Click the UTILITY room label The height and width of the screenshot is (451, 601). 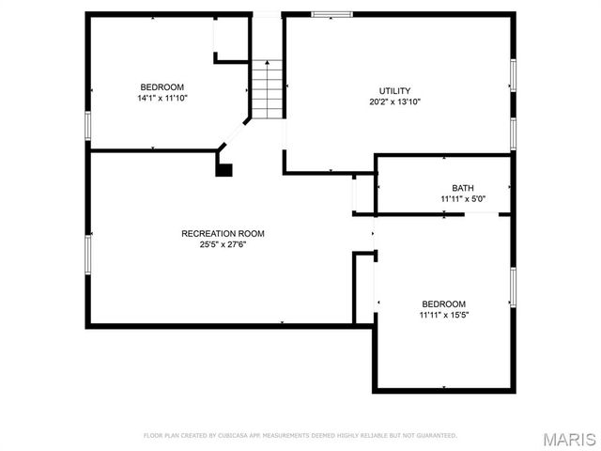[393, 90]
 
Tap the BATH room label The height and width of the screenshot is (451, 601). [463, 188]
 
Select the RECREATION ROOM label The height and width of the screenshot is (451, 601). [223, 233]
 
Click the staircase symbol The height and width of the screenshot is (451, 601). [267, 89]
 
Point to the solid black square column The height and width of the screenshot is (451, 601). [223, 169]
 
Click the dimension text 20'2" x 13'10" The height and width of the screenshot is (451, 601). [393, 101]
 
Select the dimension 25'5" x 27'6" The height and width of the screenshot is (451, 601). [223, 244]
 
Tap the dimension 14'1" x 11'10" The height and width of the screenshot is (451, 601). [162, 97]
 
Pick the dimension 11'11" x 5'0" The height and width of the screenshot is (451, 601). [463, 199]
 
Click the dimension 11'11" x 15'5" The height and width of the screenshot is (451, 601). [443, 315]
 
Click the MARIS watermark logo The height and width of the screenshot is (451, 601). [569, 439]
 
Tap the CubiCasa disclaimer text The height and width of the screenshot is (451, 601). [300, 436]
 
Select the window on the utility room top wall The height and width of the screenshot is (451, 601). [331, 14]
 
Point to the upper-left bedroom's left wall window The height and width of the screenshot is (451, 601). [87, 125]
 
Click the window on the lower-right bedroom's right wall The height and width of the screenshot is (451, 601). [513, 287]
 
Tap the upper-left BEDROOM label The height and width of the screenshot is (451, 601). [162, 86]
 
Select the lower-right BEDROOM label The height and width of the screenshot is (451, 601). [443, 303]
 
